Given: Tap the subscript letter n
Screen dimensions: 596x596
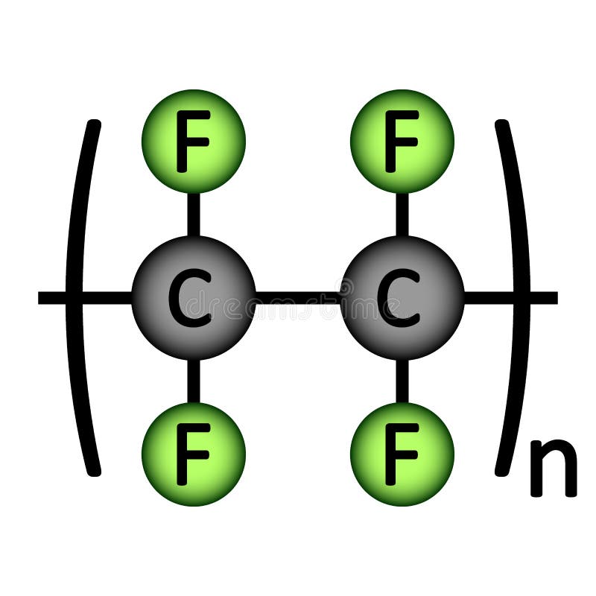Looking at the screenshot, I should (553, 468).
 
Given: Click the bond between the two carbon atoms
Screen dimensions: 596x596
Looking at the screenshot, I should (298, 298).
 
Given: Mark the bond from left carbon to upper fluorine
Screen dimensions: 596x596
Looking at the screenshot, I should (193, 215).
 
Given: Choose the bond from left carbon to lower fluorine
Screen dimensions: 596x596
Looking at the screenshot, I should (193, 381).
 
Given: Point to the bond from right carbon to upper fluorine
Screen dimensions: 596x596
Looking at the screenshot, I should (402, 215).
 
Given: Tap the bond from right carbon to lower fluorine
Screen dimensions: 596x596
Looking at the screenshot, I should (402, 381).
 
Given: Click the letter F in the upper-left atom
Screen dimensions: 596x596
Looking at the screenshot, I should (193, 140).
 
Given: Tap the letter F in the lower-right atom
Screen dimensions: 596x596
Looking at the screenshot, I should (401, 453).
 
